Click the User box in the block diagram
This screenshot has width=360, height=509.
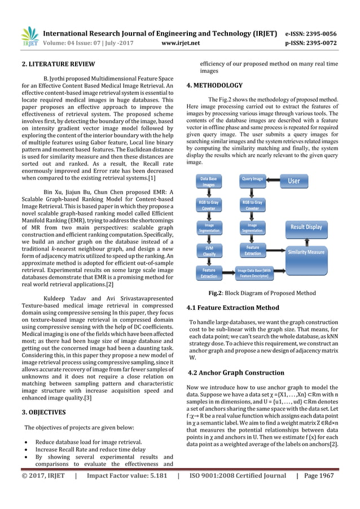pos(294,181)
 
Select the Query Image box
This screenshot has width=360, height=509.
pos(252,179)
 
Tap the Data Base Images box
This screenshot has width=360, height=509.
pos(209,181)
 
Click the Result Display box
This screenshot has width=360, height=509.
pos(306,227)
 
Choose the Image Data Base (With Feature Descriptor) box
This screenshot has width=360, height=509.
pos(262,273)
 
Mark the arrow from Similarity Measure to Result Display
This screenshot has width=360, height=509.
pos(306,239)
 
